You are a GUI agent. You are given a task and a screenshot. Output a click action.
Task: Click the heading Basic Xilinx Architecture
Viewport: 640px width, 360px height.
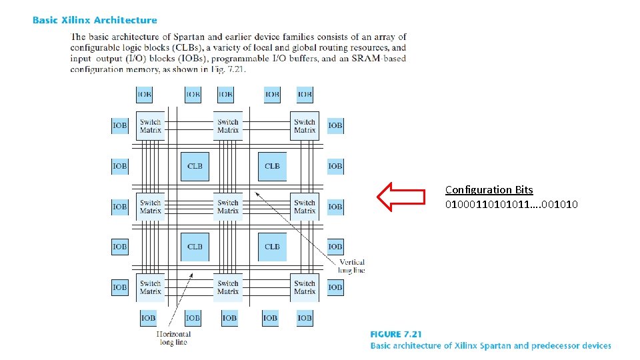(x=95, y=21)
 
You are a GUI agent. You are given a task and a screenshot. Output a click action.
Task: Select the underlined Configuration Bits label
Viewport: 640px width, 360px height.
(x=489, y=190)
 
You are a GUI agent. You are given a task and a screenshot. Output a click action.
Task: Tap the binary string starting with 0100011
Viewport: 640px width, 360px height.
(x=511, y=204)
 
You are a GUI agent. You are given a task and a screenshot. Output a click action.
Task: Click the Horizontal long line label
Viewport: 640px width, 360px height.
(x=173, y=338)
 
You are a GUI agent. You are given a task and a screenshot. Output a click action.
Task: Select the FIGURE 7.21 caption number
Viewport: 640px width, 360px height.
(x=396, y=335)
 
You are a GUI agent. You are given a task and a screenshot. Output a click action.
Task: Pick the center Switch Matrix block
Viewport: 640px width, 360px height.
(x=228, y=207)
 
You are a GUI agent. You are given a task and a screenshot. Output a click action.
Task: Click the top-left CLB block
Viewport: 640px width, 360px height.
(x=195, y=166)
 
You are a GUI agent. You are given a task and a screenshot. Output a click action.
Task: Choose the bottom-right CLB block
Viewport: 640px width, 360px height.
(x=272, y=247)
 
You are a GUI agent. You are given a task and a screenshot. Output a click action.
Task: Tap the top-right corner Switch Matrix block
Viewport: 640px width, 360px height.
(x=305, y=126)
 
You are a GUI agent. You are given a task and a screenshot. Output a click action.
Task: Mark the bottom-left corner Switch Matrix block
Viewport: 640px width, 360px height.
(x=151, y=287)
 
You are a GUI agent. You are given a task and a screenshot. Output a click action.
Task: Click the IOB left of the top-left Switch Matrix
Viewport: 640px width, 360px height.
(x=120, y=125)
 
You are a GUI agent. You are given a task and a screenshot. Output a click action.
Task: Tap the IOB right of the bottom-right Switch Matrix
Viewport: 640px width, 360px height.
(x=335, y=287)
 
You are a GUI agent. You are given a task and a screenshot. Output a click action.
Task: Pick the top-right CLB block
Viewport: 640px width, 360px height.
(x=272, y=166)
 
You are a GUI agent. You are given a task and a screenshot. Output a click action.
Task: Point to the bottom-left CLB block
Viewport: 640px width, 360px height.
(x=195, y=247)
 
